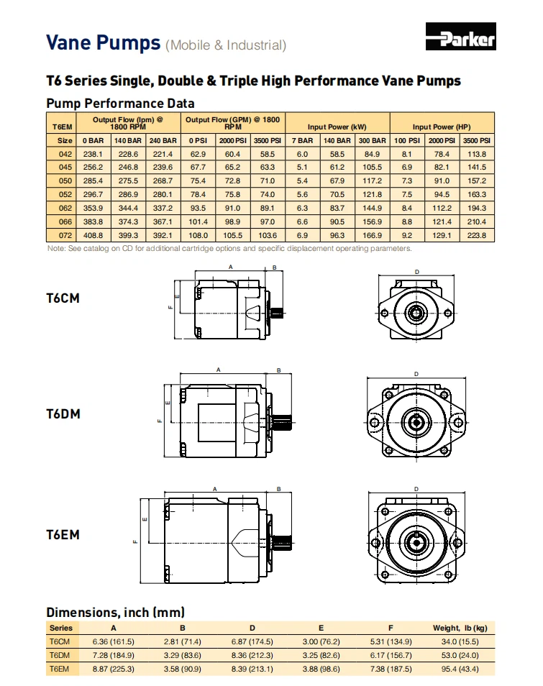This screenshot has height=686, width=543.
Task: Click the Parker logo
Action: [460, 37]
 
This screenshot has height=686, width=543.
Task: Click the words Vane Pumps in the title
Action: [103, 42]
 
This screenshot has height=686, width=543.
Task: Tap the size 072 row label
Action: [65, 235]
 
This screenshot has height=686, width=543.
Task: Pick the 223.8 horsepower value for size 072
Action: [477, 235]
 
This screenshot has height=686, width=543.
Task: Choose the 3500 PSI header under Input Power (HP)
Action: [477, 141]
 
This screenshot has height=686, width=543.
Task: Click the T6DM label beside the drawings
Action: [63, 414]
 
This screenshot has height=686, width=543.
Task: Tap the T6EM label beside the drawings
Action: [63, 535]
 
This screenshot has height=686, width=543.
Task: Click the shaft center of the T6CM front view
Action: [417, 312]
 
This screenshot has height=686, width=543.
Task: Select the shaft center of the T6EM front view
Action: [416, 539]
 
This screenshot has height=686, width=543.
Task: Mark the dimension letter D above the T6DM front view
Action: [416, 374]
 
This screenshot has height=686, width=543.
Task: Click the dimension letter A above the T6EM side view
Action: [214, 488]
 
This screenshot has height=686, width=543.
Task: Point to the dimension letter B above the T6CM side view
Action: [274, 266]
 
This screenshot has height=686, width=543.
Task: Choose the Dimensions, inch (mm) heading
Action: [115, 613]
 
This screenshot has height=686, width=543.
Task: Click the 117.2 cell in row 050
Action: [372, 180]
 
